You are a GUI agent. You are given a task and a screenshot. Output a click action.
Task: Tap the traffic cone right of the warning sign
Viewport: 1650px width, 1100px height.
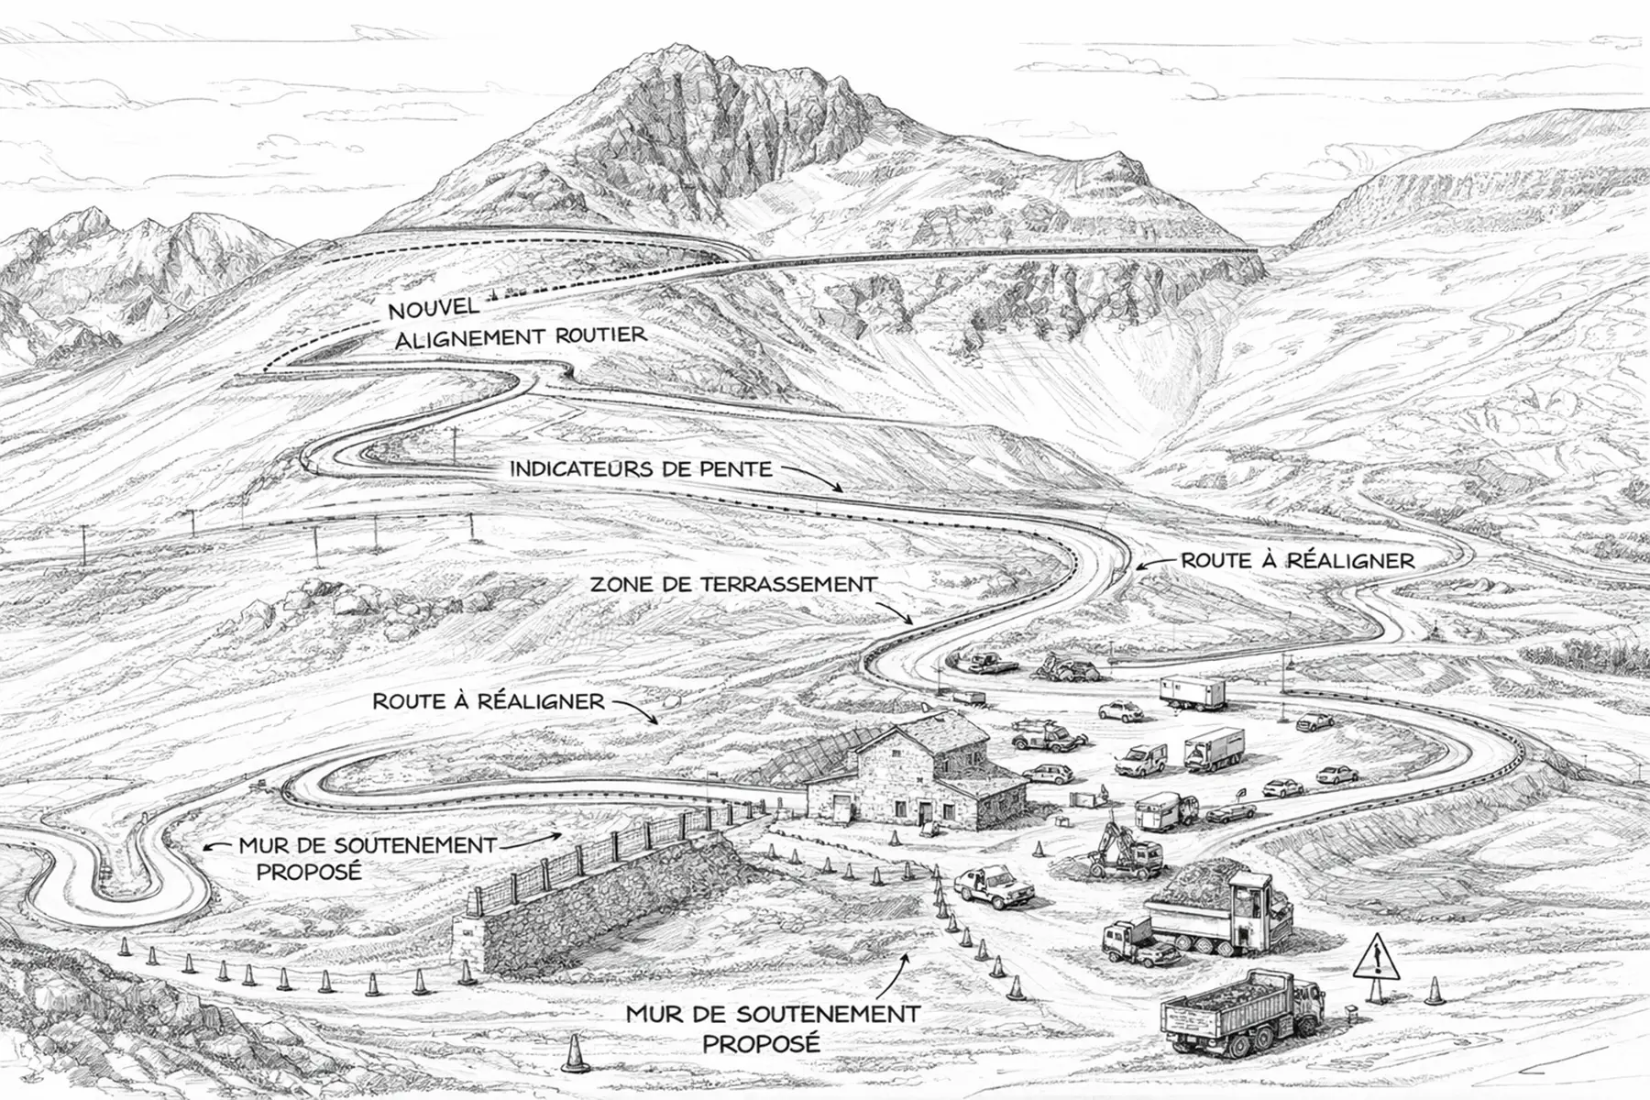(1433, 990)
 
